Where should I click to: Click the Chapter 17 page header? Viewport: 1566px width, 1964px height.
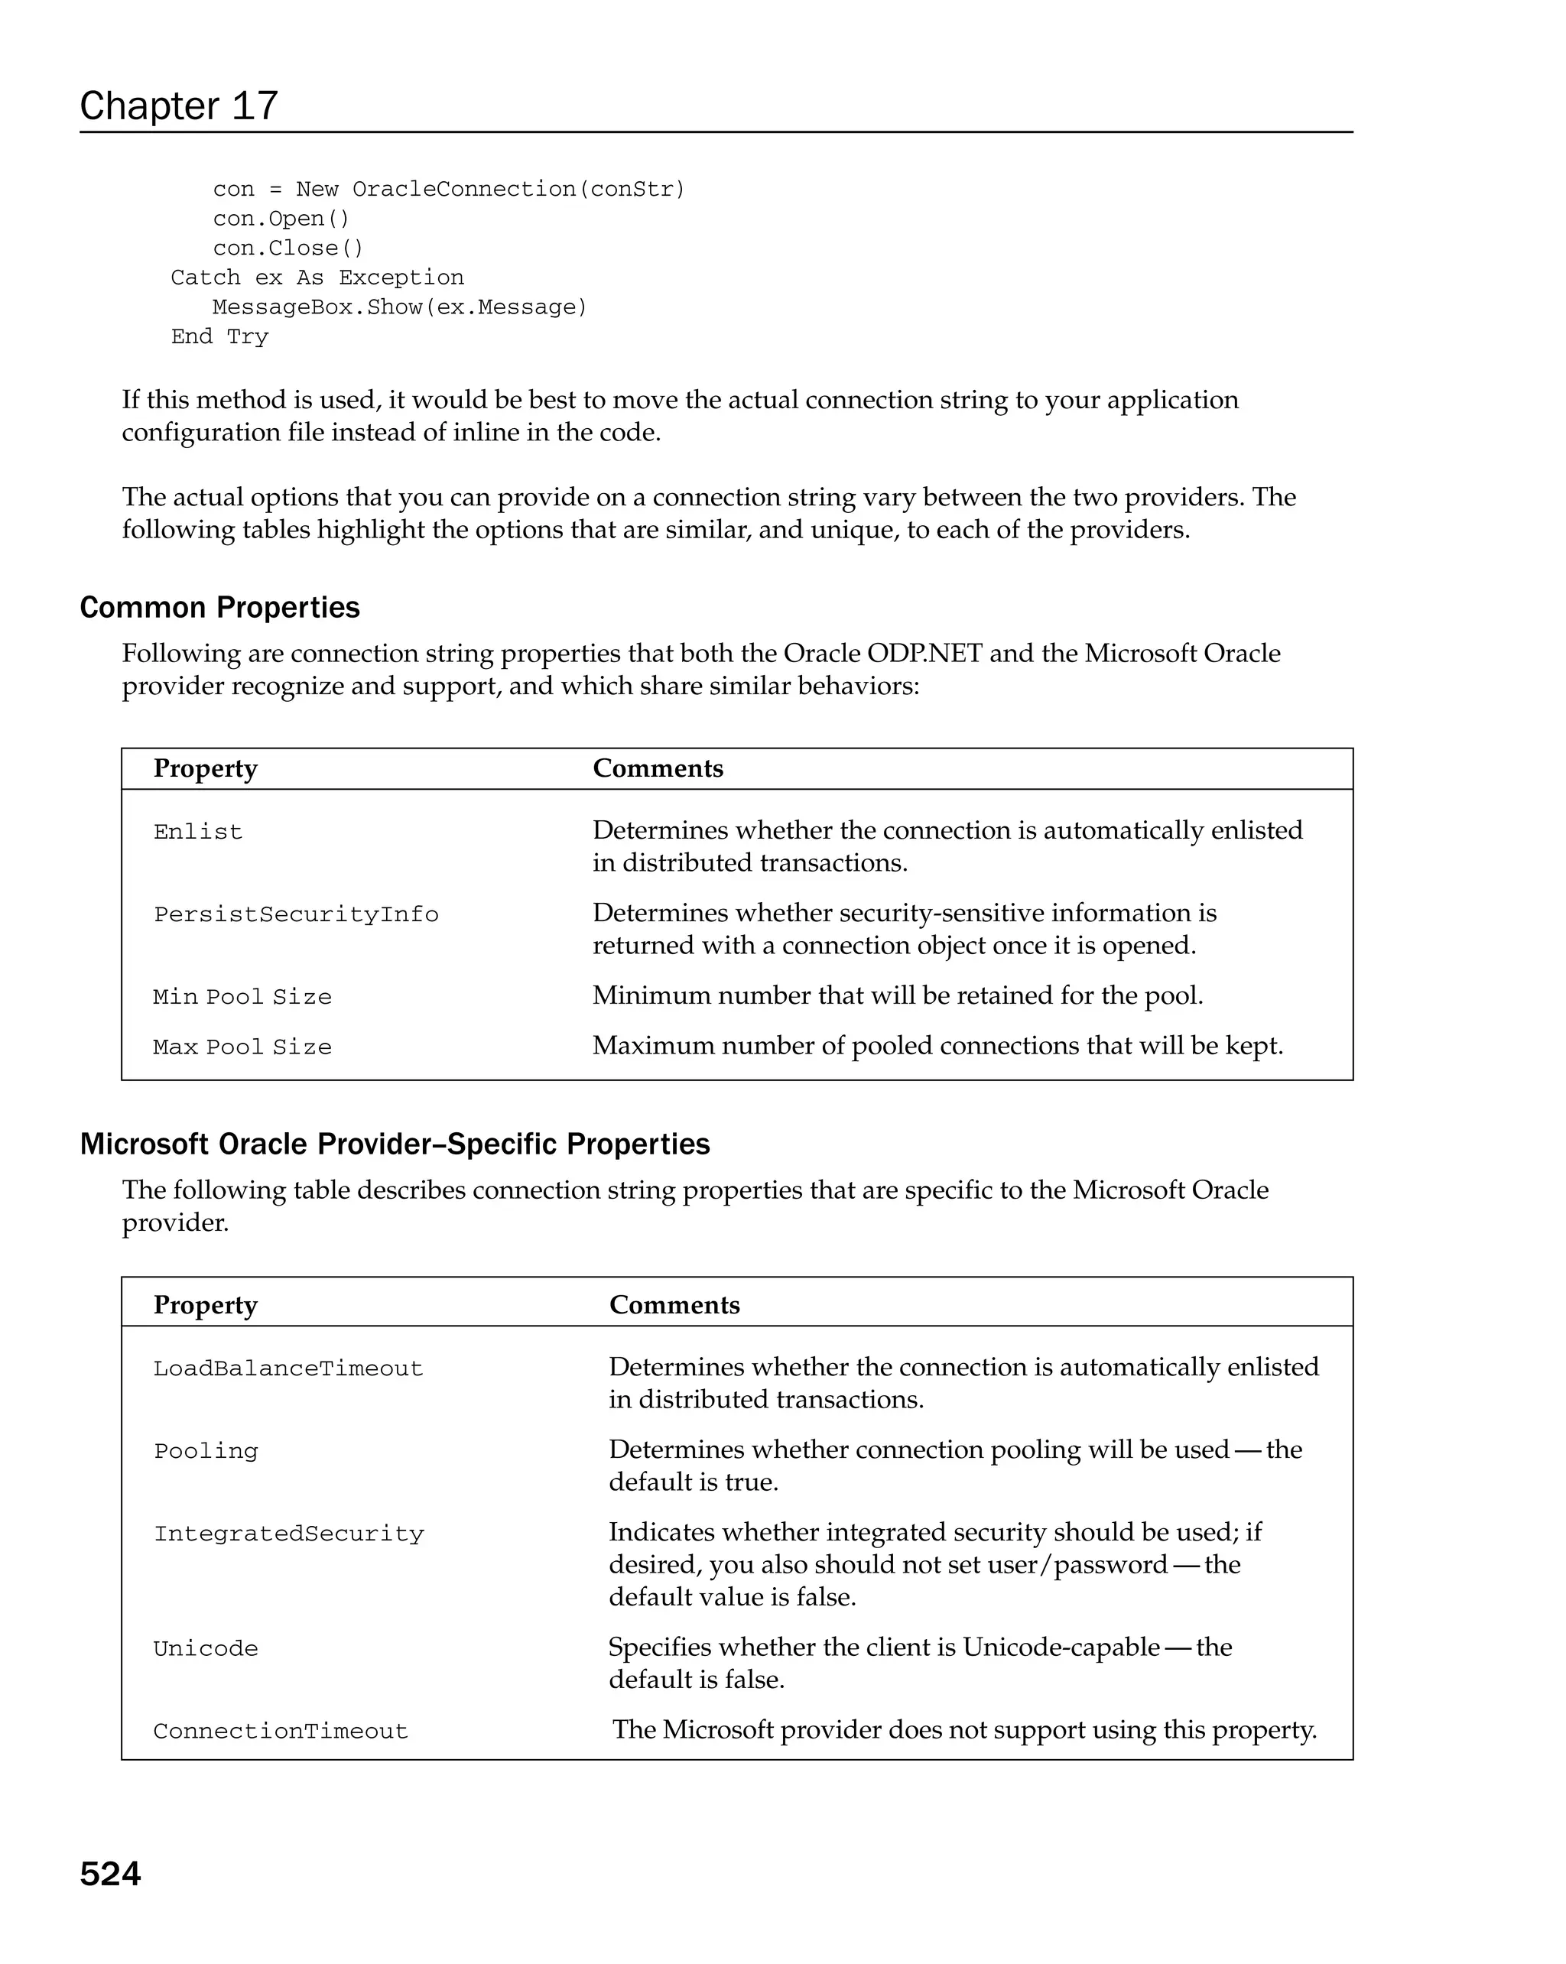click(x=179, y=106)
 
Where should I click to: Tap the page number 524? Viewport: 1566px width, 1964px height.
click(x=110, y=1873)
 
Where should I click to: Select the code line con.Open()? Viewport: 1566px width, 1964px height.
click(x=281, y=219)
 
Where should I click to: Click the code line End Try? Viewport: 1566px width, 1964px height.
click(x=219, y=336)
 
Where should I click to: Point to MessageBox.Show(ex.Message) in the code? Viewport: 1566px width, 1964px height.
click(x=400, y=307)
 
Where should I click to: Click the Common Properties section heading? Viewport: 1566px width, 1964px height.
click(x=219, y=607)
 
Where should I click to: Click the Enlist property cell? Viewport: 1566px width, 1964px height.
click(x=198, y=832)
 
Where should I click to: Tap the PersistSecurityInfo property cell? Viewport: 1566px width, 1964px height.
click(x=296, y=914)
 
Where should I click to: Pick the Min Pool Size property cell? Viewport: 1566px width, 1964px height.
click(x=242, y=997)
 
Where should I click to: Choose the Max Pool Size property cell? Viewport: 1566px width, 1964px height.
click(x=242, y=1047)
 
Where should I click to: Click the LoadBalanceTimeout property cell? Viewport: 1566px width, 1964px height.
click(x=288, y=1368)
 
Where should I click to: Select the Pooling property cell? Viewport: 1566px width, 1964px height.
click(x=206, y=1450)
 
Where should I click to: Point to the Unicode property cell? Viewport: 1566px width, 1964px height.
click(x=206, y=1648)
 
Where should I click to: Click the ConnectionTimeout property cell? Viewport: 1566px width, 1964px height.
click(x=281, y=1731)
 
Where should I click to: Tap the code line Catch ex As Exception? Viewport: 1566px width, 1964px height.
click(x=317, y=277)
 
